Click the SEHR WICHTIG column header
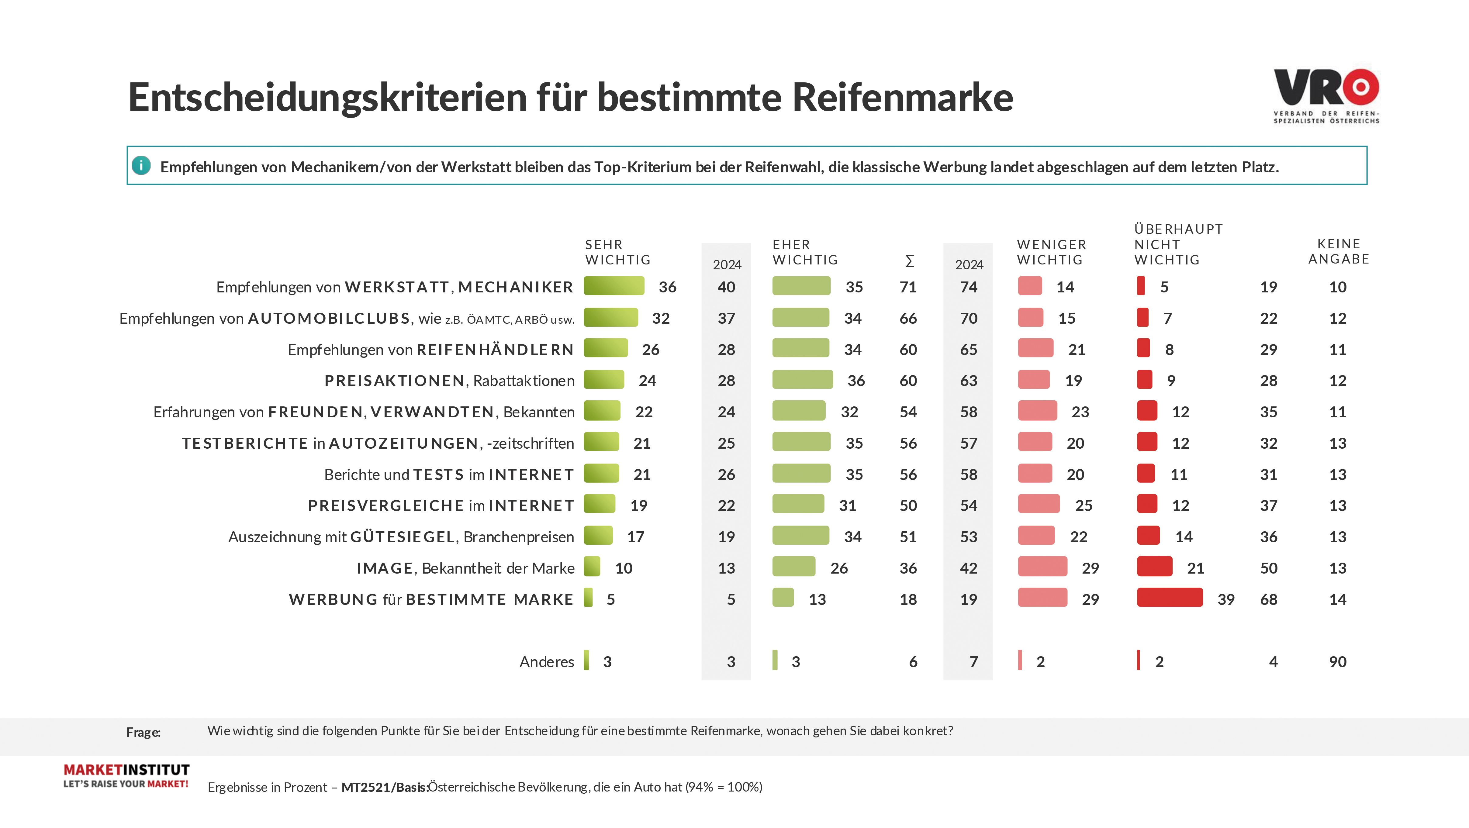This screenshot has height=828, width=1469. click(x=617, y=252)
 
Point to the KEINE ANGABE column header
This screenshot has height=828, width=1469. click(x=1338, y=251)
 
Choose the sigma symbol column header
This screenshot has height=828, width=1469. click(x=910, y=261)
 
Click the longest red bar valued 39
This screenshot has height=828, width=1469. click(x=1170, y=598)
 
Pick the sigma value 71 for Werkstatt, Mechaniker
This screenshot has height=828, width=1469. click(x=908, y=287)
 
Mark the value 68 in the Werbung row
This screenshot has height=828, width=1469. click(x=1268, y=599)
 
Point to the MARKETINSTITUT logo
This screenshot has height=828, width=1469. click(x=126, y=775)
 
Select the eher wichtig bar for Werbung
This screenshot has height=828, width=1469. click(x=783, y=598)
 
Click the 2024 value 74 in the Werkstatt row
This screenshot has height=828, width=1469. click(x=968, y=287)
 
